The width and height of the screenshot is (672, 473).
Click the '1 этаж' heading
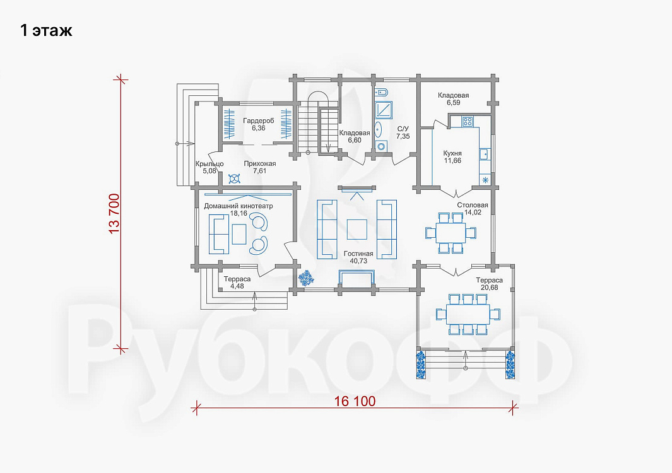pos(46,31)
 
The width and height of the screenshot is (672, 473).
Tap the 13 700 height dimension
pos(114,214)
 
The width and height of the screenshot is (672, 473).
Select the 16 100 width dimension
pos(355,402)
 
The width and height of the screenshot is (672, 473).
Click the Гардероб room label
pos(259,121)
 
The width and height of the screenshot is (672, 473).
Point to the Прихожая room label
pos(260,164)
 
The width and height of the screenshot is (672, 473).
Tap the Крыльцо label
pos(209,164)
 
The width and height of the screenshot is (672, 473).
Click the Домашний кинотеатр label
pos(239,206)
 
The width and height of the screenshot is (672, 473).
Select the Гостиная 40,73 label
pos(358,257)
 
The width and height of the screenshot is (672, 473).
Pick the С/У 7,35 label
pos(403,132)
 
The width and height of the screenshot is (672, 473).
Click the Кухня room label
pos(452,153)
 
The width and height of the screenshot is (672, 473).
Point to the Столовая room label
pos(472,205)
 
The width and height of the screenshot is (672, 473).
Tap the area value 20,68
pos(490,288)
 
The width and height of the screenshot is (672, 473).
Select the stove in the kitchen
pos(467,121)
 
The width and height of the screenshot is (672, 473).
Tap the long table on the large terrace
pos(468,313)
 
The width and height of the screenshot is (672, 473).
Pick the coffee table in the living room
pos(357,230)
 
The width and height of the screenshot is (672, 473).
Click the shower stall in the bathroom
pos(383,109)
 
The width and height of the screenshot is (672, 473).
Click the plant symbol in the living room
pos(306,279)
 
